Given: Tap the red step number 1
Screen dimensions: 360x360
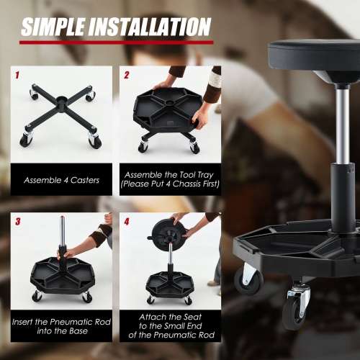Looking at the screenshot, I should [17, 74].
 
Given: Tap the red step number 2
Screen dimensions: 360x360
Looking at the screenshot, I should [127, 74].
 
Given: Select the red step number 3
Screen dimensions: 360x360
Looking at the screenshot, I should [17, 221].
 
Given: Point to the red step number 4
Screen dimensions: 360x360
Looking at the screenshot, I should [127, 221].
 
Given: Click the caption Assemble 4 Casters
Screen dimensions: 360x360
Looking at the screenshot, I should [62, 180].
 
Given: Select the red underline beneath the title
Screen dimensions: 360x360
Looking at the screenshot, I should [115, 42].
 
